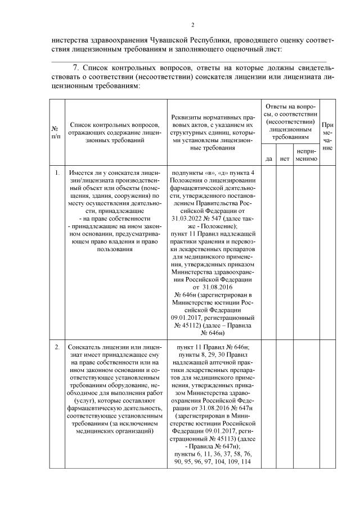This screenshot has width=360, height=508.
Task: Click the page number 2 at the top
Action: click(x=192, y=25)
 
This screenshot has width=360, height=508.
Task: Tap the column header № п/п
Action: click(x=57, y=135)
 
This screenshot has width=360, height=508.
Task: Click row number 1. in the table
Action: click(x=57, y=173)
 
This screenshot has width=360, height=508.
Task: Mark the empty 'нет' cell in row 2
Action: click(x=283, y=405)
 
